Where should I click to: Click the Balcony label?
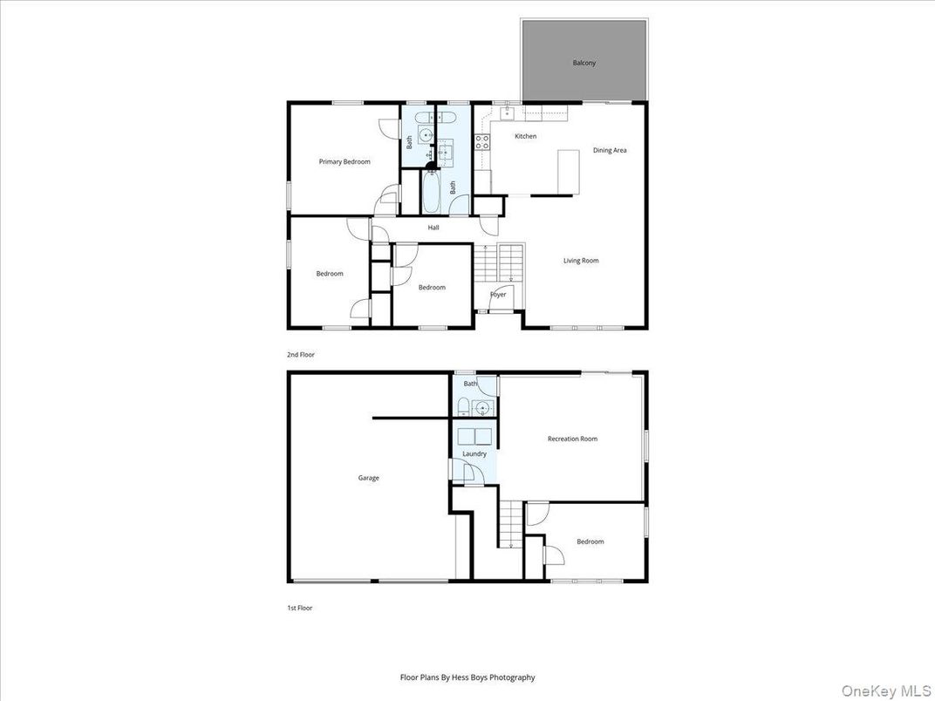pos(584,63)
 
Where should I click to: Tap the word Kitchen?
pos(525,136)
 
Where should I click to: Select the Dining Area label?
pos(610,150)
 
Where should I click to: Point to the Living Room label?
pos(581,261)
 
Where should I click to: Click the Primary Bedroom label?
pos(345,161)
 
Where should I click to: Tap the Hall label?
pos(433,228)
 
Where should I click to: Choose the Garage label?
pos(368,478)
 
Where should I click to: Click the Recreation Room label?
pos(572,439)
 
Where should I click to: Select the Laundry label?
pos(474,453)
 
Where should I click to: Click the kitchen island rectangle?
pos(569,172)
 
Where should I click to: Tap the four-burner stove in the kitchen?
pos(481,142)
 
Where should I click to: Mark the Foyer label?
pos(498,295)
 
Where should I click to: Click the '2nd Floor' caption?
pos(301,355)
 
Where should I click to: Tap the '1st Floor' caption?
pos(299,608)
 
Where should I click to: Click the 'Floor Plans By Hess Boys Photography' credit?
pos(467,677)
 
